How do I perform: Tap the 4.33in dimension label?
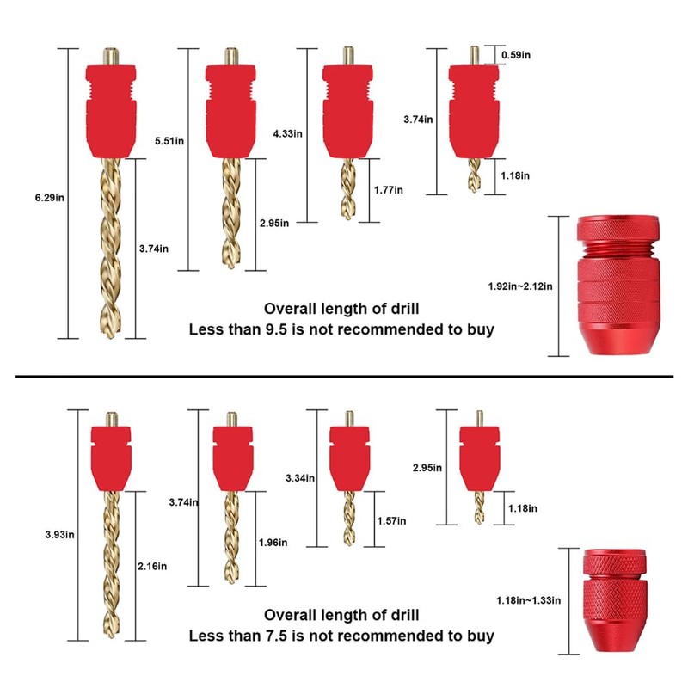click(287, 135)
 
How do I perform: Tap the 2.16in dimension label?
click(152, 565)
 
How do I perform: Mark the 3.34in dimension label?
click(299, 477)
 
